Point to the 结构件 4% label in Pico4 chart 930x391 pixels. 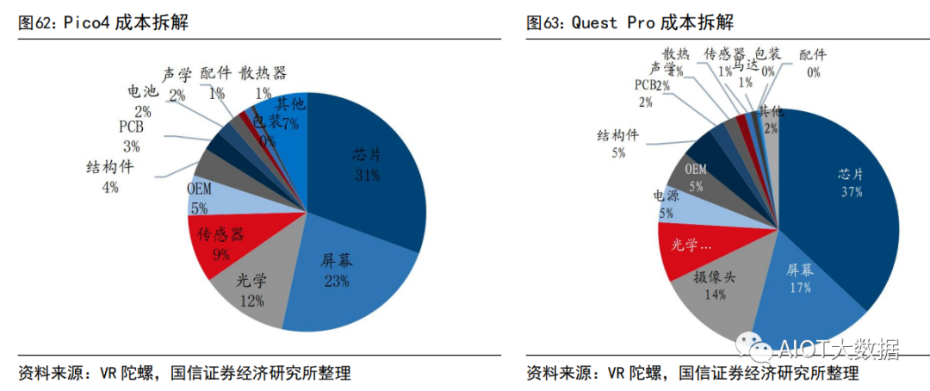pos(110,176)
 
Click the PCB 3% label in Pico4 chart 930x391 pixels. pos(131,136)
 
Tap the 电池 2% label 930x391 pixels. pos(142,100)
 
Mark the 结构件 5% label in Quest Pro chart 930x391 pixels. pos(618,143)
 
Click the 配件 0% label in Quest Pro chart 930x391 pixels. pos(813,64)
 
